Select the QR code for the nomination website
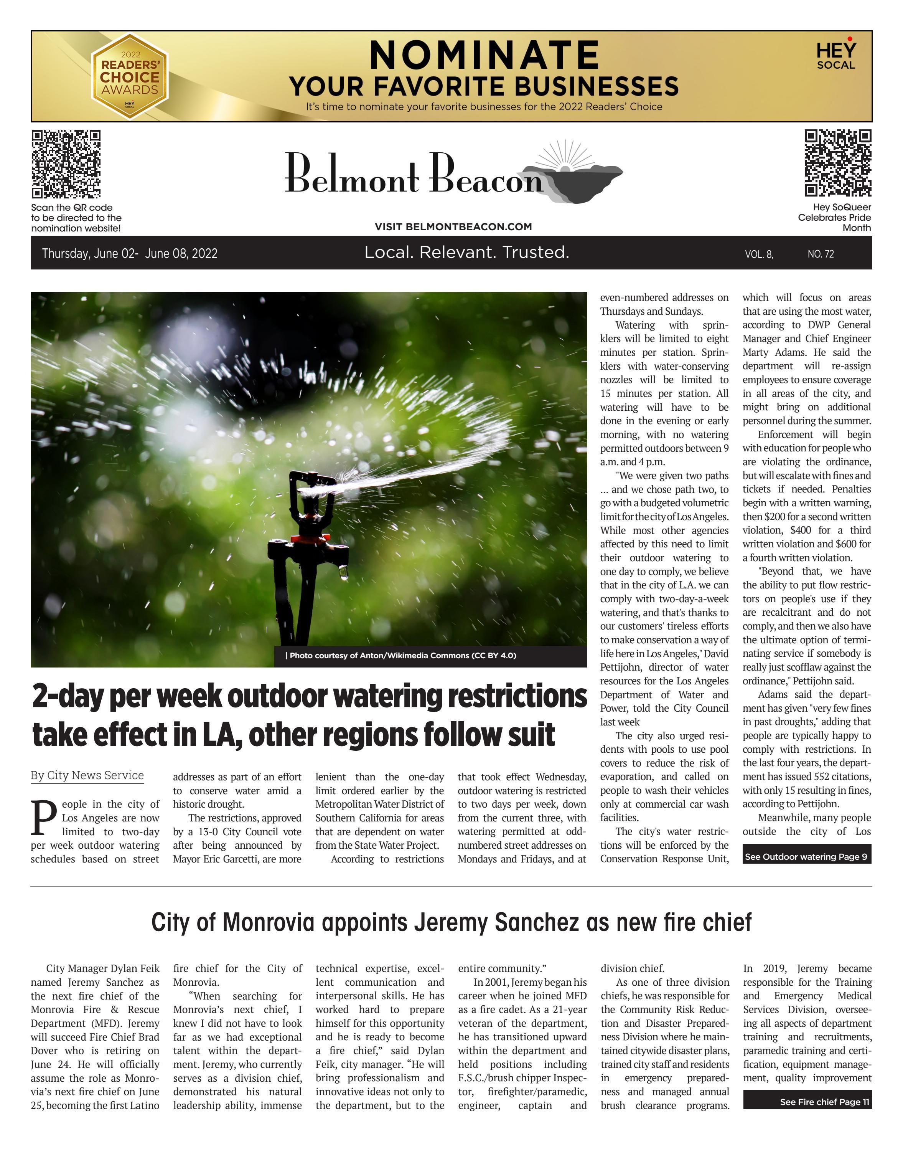click(x=66, y=164)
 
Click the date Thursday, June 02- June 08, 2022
click(x=130, y=253)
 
